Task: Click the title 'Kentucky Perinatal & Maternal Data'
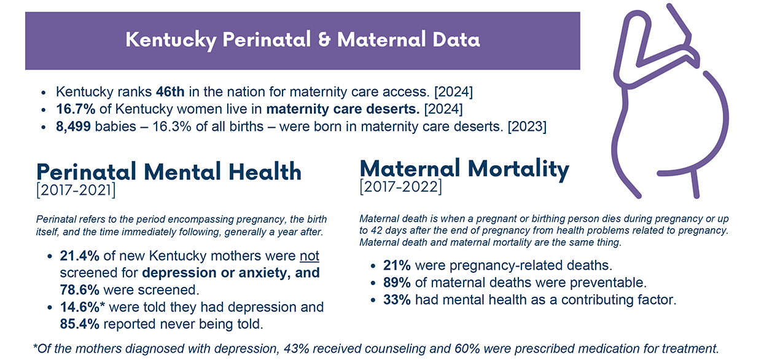pos(302,40)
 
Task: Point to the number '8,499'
pos(74,127)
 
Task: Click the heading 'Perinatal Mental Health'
pos(169,171)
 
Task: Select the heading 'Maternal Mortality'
pos(464,168)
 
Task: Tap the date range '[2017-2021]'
pos(76,190)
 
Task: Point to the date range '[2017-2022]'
pos(400,186)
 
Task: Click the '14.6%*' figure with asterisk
pos(83,306)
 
